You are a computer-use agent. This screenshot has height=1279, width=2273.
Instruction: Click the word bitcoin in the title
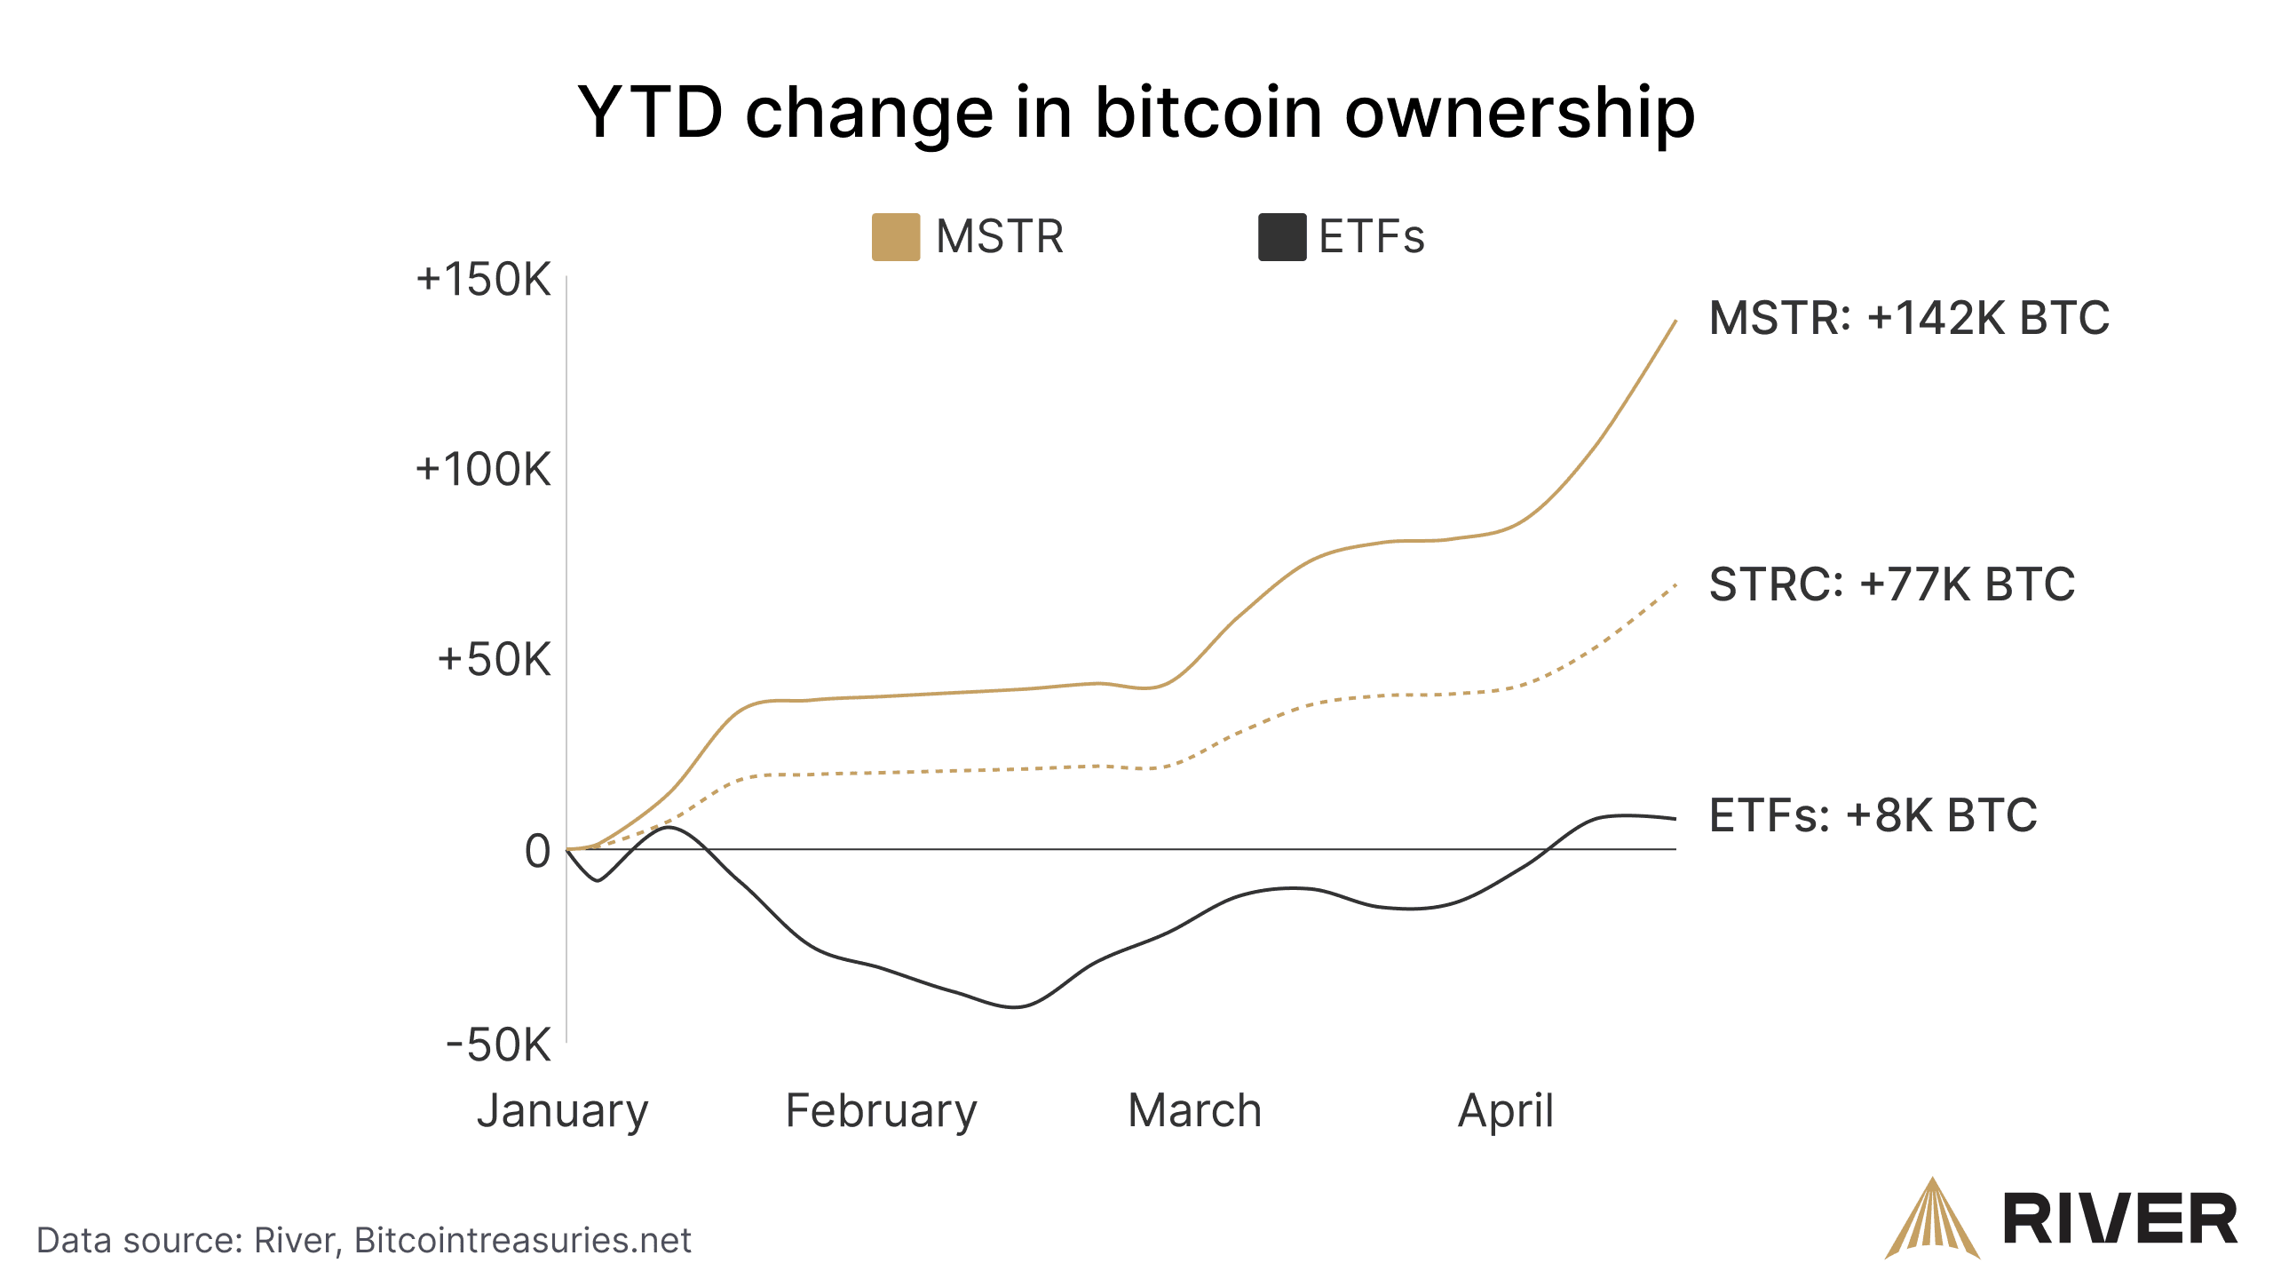pos(1208,113)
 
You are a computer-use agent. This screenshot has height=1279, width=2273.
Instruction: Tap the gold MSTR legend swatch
pos(895,237)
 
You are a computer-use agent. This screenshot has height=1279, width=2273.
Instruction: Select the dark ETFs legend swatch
pos(1281,237)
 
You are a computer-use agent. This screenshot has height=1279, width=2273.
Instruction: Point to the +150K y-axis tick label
pos(484,280)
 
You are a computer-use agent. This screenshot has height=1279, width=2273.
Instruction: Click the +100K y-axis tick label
pos(484,470)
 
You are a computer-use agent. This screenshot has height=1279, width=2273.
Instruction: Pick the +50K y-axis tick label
pos(495,660)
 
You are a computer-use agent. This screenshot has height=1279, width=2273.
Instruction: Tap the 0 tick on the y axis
pos(537,851)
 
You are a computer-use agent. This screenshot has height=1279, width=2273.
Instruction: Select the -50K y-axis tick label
pos(498,1045)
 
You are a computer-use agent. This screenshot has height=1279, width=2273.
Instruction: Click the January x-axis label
pos(563,1111)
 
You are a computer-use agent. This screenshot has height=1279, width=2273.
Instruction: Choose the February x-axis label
pos(881,1111)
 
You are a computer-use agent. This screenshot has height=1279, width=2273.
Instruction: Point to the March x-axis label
pos(1194,1111)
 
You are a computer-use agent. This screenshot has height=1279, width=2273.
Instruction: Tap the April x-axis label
pos(1506,1111)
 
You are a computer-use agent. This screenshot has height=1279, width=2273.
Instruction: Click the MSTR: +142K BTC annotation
pos(1909,318)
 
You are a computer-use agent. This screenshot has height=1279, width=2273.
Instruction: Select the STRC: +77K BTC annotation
pos(1892,584)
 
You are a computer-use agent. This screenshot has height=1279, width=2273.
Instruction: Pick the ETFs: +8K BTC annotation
pos(1873,815)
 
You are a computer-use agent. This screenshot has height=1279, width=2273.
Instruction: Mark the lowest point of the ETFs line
pos(1016,1006)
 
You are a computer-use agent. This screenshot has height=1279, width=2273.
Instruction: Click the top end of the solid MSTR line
pos(1675,322)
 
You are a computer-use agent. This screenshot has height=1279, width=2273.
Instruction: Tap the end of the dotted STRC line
pos(1675,585)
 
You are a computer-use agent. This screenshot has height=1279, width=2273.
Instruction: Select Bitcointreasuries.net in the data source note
pos(522,1241)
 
